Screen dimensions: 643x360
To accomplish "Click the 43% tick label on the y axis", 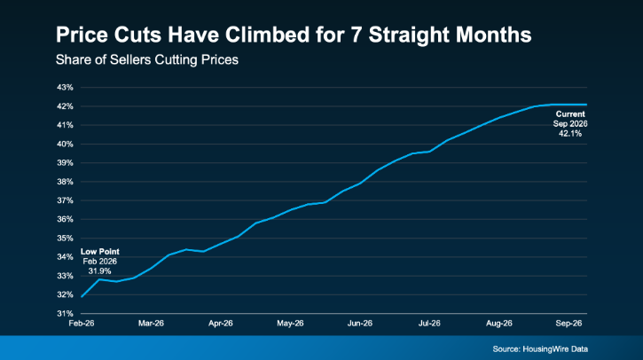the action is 65,87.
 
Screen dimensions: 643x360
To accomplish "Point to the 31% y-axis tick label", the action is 65,314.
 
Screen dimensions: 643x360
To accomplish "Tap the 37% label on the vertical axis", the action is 65,200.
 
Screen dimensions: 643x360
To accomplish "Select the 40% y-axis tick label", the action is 65,144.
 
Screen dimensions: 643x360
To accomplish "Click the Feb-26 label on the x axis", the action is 82,324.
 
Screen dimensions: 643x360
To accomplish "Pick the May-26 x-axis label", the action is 290,324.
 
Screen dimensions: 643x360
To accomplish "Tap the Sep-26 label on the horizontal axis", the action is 569,324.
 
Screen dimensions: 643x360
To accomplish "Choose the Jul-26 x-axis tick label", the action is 429,324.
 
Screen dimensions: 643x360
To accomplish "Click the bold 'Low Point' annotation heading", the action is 100,252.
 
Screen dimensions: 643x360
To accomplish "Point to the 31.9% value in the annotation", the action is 99,271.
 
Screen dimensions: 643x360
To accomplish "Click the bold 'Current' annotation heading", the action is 570,114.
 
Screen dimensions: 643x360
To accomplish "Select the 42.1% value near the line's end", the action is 570,134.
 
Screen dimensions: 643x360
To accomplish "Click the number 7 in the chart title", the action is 356,35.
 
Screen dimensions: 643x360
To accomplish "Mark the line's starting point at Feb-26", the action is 82,296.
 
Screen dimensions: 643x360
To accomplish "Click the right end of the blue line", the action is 586,105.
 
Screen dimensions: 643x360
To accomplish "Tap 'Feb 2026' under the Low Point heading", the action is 99,262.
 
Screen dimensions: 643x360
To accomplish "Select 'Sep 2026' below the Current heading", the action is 570,124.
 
